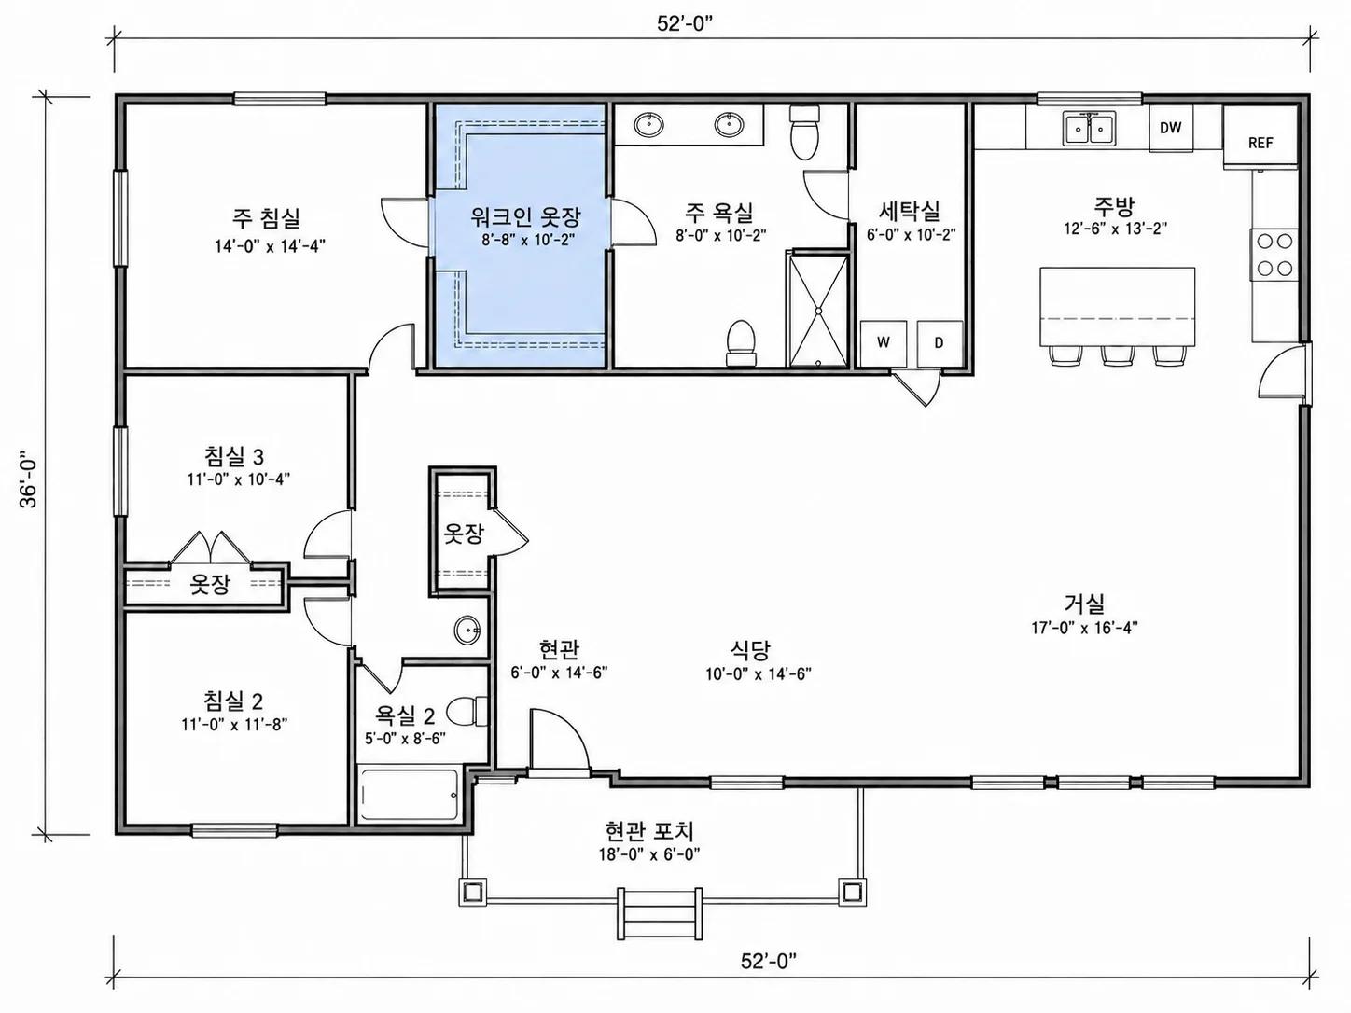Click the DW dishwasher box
tap(1171, 128)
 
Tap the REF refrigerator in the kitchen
tap(1260, 136)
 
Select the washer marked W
tap(884, 343)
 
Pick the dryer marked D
tap(940, 343)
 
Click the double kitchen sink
tap(1090, 128)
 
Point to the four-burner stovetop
tap(1274, 255)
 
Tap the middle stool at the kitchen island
tap(1119, 355)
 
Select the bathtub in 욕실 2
tap(410, 794)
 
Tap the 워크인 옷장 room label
tap(525, 215)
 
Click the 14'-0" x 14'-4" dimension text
tap(270, 246)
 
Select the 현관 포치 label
tap(649, 831)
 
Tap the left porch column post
tap(473, 891)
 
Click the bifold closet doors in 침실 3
tap(210, 548)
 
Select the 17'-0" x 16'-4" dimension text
tap(1084, 628)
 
